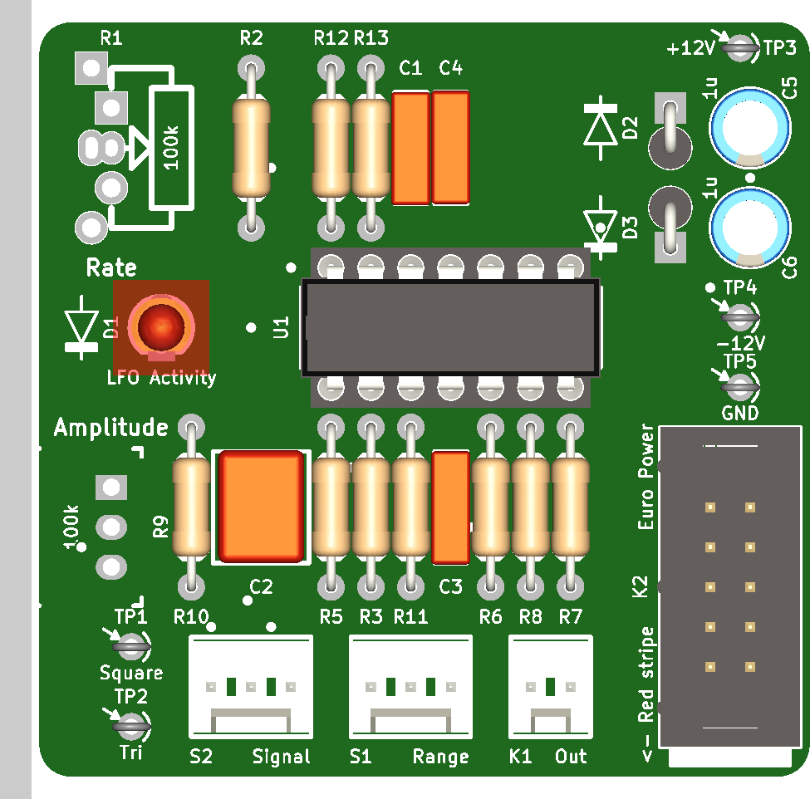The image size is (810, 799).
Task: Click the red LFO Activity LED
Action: click(161, 327)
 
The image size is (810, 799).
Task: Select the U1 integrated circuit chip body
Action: click(450, 328)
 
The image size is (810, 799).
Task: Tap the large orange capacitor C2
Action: click(262, 507)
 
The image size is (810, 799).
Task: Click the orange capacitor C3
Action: click(450, 507)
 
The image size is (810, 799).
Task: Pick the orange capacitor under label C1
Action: click(410, 148)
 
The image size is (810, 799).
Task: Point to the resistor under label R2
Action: click(251, 148)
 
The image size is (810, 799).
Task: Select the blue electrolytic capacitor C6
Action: click(750, 228)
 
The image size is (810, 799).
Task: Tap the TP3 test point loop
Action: click(740, 48)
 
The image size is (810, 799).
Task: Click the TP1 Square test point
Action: click(131, 646)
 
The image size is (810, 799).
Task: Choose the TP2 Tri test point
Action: click(131, 726)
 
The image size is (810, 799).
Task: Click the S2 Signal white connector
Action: click(251, 687)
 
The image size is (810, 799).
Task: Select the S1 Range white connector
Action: click(410, 687)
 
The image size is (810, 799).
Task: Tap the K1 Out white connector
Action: click(551, 687)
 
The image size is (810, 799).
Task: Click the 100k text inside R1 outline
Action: click(171, 148)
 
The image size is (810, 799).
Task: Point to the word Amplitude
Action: click(111, 428)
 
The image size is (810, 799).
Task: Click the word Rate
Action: click(111, 267)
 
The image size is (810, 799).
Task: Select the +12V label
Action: click(690, 48)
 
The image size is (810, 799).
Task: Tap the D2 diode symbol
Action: click(601, 128)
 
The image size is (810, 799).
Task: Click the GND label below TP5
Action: click(740, 413)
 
